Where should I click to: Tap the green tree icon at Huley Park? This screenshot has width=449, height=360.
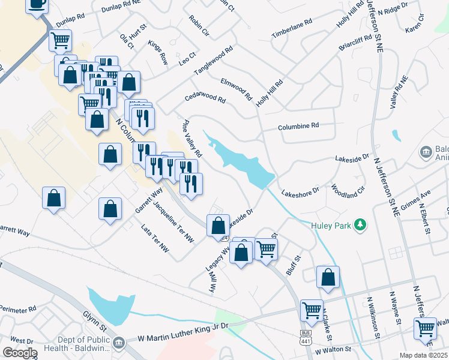click(x=360, y=225)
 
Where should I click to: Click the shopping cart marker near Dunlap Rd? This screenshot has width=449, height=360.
click(x=60, y=41)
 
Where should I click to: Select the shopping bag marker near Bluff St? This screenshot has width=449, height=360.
click(x=328, y=277)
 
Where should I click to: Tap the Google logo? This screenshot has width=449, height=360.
click(x=20, y=353)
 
